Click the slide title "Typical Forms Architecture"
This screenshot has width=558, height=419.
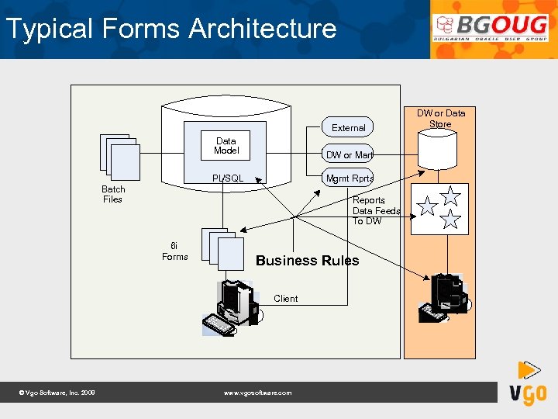coord(170,29)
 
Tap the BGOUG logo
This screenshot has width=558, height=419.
coord(490,29)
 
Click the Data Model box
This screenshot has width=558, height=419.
coord(226,146)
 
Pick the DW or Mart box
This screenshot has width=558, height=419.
coord(349,155)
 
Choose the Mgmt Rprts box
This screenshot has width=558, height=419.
coord(350,178)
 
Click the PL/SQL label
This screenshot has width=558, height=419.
coord(228,178)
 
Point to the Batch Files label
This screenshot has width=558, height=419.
coord(113,194)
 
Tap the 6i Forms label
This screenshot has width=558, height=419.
coord(174,251)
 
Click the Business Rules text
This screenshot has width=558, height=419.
coord(308,261)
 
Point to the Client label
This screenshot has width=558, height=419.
coord(285,299)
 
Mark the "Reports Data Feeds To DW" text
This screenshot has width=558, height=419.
coord(376,210)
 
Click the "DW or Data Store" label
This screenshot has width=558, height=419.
coord(441,119)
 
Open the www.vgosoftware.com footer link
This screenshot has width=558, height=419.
coord(257,393)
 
